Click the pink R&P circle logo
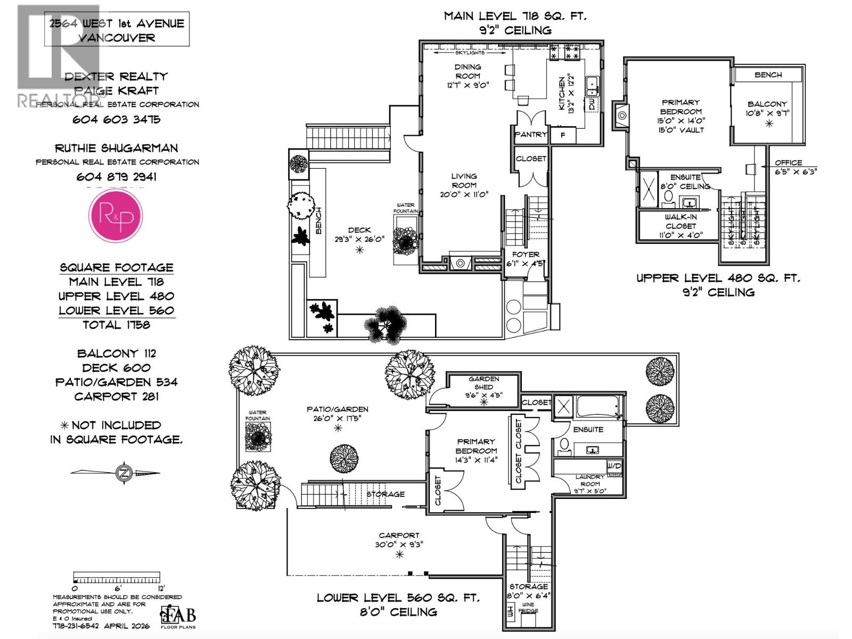click(116, 216)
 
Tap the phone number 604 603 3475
click(116, 119)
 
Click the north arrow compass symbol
click(124, 472)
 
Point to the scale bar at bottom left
click(116, 579)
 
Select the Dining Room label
click(468, 71)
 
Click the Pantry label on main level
click(530, 135)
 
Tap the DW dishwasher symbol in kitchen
click(592, 104)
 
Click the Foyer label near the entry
click(526, 255)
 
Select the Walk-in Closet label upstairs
click(681, 221)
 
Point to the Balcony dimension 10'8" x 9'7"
click(767, 113)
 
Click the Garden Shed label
click(484, 383)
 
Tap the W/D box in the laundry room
click(614, 466)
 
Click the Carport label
click(399, 535)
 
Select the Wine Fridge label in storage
click(528, 608)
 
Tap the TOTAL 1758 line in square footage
click(116, 325)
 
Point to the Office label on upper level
click(788, 162)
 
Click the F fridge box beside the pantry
click(563, 135)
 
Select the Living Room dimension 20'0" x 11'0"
click(464, 194)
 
